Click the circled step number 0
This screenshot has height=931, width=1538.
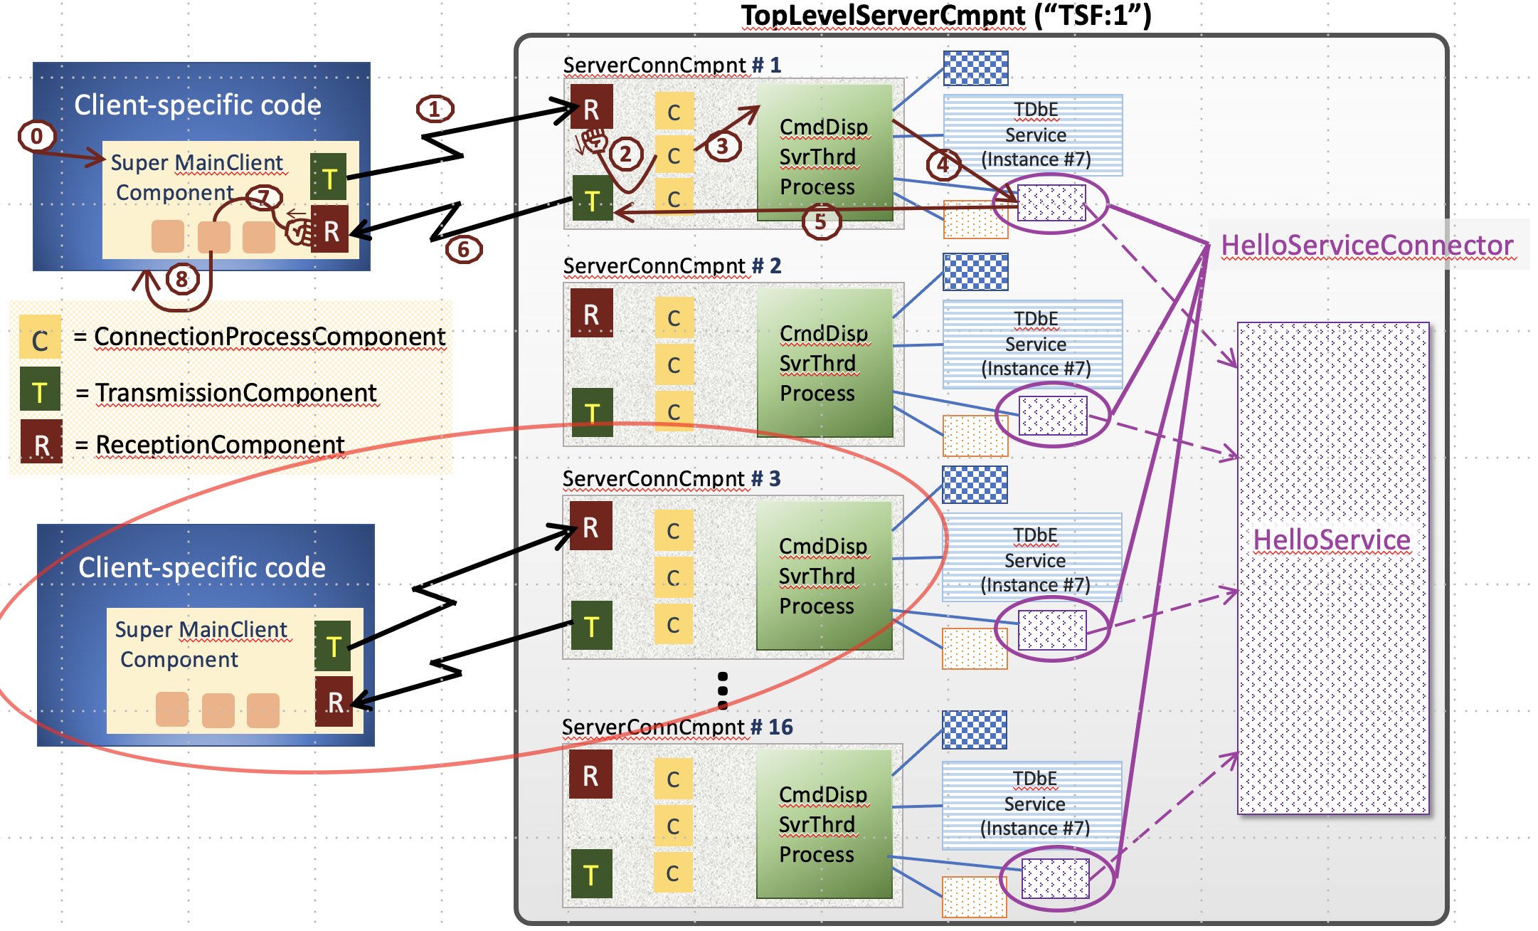tap(36, 135)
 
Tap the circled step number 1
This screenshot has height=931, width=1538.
tap(435, 109)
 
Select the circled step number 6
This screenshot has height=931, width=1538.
tap(464, 249)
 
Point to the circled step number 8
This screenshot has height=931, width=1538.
tap(182, 278)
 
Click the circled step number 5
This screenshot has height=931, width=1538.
tap(820, 221)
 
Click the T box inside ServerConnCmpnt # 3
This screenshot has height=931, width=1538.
tap(591, 626)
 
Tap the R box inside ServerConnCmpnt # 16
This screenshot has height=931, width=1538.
tap(590, 775)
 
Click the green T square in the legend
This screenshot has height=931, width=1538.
tap(40, 391)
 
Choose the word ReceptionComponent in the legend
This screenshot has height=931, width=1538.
tap(220, 444)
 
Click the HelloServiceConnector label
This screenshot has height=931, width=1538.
tap(1367, 245)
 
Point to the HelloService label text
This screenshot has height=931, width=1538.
tap(1332, 540)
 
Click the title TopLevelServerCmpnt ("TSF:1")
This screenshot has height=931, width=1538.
tap(946, 15)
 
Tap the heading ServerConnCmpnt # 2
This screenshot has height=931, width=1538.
tap(672, 265)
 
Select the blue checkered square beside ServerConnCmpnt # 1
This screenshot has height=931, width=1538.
tap(975, 68)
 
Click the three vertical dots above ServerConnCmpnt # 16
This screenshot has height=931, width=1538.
tap(723, 690)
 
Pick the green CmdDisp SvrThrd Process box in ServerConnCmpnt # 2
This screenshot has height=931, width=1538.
tap(824, 363)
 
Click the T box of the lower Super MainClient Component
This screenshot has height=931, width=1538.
tap(333, 646)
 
